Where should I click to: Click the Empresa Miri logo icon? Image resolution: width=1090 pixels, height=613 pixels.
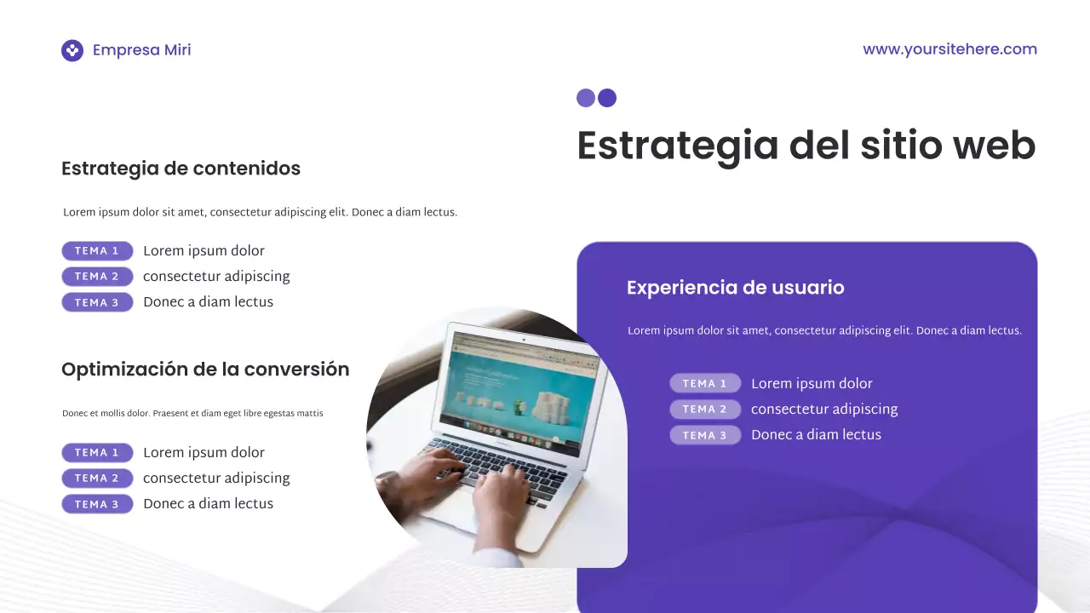click(72, 50)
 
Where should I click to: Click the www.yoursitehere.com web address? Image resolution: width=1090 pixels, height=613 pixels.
click(949, 49)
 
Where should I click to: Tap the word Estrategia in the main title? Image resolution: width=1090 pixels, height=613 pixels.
click(677, 146)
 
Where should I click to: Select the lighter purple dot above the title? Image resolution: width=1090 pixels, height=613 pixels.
click(586, 98)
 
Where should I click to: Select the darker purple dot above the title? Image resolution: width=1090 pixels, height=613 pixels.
click(607, 98)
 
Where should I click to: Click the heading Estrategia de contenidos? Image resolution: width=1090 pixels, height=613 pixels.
click(181, 169)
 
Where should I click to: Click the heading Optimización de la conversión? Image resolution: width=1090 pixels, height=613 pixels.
click(205, 370)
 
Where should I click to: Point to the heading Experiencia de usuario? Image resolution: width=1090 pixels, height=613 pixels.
click(735, 288)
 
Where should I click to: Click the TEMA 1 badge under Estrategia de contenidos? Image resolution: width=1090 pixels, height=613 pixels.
click(97, 251)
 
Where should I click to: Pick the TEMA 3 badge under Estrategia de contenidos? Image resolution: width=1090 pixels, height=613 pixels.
click(97, 302)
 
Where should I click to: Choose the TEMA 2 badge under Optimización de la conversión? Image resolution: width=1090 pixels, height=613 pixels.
click(97, 478)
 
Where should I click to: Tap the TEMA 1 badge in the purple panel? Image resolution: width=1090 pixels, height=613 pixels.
click(705, 384)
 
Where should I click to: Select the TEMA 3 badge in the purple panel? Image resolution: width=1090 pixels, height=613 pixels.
click(705, 435)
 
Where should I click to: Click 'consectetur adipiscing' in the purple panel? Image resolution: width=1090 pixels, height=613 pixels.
click(823, 410)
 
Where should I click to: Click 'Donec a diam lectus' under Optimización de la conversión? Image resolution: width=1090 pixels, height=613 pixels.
click(208, 504)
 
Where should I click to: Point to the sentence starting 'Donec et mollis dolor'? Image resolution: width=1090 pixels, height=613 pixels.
click(192, 414)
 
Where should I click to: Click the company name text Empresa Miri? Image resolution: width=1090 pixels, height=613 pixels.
click(141, 50)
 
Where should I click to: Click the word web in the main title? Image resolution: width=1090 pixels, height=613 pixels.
click(994, 146)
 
